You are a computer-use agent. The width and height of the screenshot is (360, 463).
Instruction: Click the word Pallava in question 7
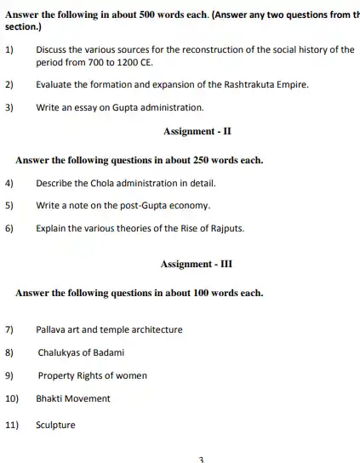tap(51, 329)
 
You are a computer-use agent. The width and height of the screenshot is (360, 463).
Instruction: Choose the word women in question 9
tap(132, 375)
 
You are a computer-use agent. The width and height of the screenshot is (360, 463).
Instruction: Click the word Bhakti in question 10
tap(49, 398)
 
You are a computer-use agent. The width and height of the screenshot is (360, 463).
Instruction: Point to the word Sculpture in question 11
tap(55, 425)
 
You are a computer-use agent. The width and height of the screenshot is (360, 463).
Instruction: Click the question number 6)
tap(9, 228)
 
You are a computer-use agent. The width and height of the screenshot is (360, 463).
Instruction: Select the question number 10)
tap(12, 398)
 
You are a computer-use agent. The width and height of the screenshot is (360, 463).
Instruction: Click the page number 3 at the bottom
tap(201, 459)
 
